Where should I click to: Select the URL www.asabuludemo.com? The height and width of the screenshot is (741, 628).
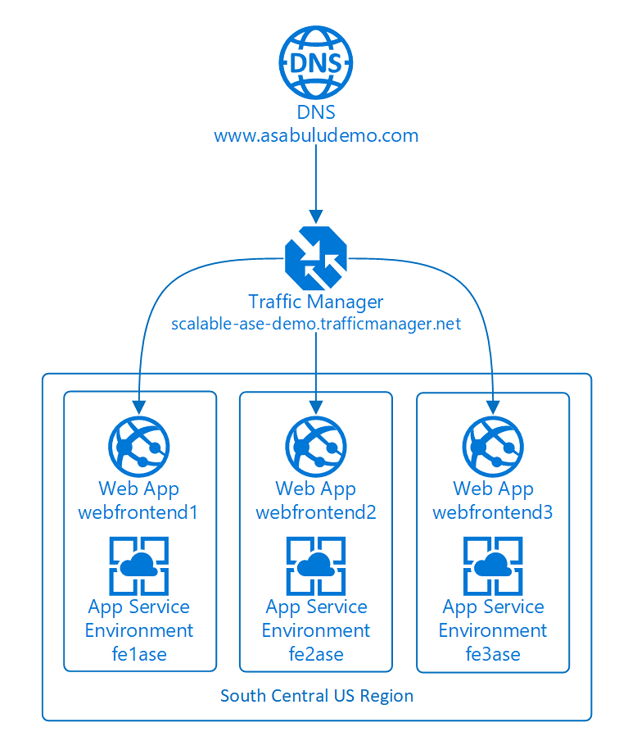coord(316,135)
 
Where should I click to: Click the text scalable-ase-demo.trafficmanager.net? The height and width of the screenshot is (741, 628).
coord(316,324)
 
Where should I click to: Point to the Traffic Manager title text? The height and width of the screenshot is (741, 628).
coord(316,302)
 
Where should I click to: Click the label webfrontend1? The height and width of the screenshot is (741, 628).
coord(139,513)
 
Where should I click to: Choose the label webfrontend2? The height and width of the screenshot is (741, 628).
coord(316,513)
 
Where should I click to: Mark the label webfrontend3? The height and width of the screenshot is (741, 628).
coord(493,513)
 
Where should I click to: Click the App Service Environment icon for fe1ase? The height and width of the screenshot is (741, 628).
coord(139,566)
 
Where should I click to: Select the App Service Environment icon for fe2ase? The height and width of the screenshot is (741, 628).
coord(316,566)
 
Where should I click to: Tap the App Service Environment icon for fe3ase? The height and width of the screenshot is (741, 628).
coord(493,566)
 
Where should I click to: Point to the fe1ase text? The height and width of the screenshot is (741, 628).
coord(139,654)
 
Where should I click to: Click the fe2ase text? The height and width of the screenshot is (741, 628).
coord(316,654)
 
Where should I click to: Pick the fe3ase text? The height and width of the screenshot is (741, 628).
coord(493,654)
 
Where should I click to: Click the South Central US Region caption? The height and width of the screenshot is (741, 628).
coord(317,696)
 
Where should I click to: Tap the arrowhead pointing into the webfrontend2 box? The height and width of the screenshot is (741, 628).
coord(316,404)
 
